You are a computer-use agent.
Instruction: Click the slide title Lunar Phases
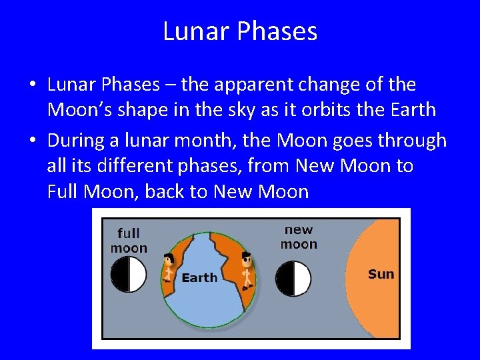240,31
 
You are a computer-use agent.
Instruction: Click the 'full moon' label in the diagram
129,241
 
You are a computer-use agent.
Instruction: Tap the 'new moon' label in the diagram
299,237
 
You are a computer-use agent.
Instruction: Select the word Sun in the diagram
381,274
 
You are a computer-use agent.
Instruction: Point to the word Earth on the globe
199,278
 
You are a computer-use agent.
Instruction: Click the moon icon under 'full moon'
128,274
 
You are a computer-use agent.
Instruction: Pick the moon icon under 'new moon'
293,278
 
